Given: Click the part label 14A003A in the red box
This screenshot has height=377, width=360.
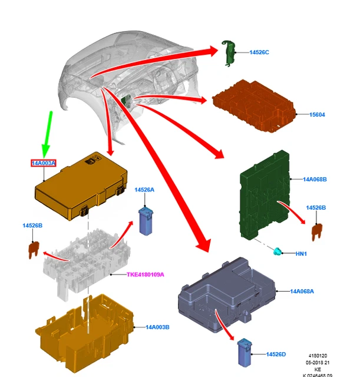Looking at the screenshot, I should tap(44, 163).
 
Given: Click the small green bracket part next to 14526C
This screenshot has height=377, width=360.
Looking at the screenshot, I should tap(228, 52).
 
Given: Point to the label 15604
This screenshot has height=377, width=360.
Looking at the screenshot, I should tap(317, 114).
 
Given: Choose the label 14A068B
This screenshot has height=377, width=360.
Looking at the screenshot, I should tap(315, 179).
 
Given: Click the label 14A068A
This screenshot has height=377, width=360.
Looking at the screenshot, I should tap(302, 291).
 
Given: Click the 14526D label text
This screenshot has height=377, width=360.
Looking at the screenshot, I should tap(276, 354).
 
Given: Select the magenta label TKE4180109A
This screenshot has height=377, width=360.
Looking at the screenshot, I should tap(146, 275).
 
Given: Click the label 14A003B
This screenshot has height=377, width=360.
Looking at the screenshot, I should tap(157, 327).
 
